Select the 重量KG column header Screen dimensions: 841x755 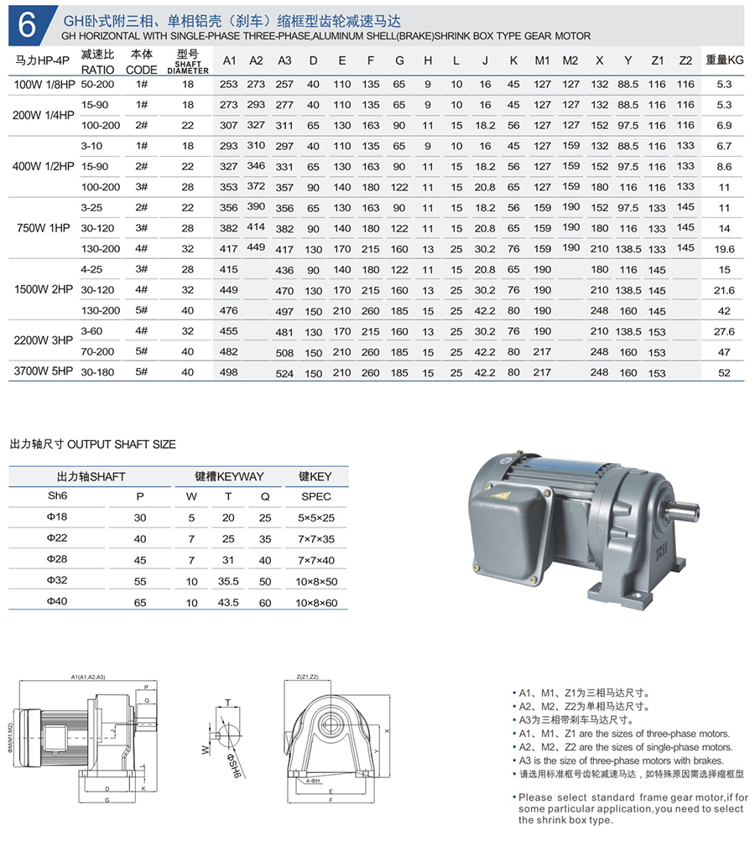pos(724,60)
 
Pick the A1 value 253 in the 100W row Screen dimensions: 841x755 pos(228,84)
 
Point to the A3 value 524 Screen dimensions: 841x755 pos(284,372)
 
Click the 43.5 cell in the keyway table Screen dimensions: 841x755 pos(228,603)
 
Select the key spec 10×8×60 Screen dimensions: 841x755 pos(316,603)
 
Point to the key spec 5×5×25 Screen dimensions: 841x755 pos(316,518)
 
